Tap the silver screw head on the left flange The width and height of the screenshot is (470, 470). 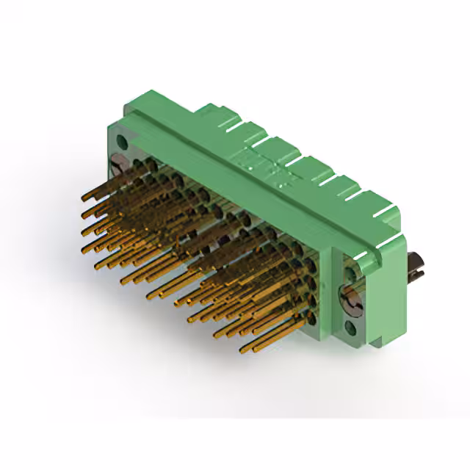(x=118, y=162)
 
